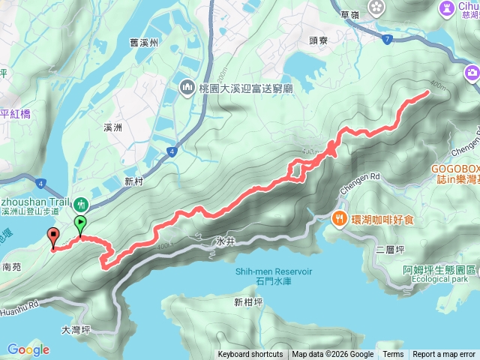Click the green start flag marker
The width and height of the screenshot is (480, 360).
click(80, 222)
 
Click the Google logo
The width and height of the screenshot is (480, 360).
click(28, 349)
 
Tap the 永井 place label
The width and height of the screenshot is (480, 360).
click(225, 242)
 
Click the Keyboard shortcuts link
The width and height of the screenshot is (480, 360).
click(250, 355)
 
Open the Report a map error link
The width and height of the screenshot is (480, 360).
click(444, 355)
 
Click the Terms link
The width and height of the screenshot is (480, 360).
click(393, 355)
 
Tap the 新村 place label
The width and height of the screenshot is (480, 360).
click(133, 181)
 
